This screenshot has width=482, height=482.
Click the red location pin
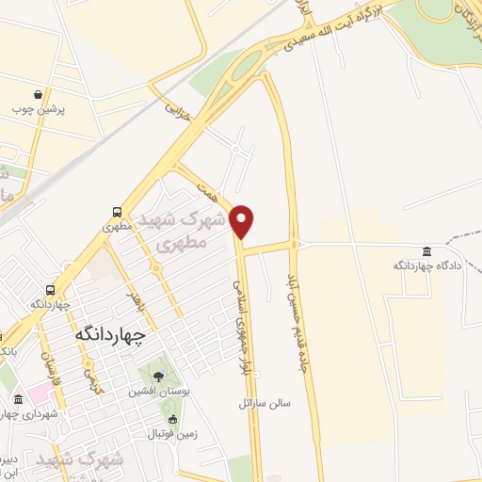(x=242, y=220)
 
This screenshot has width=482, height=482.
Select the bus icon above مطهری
(x=116, y=212)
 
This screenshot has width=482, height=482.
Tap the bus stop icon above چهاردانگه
(x=49, y=290)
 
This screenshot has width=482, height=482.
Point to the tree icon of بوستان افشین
(x=157, y=376)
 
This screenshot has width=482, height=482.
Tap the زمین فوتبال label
(x=167, y=434)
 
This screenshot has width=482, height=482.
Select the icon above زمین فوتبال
(x=171, y=419)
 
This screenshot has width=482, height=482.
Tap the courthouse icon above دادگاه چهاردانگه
(x=427, y=251)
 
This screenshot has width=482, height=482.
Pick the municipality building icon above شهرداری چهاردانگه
(x=18, y=398)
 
